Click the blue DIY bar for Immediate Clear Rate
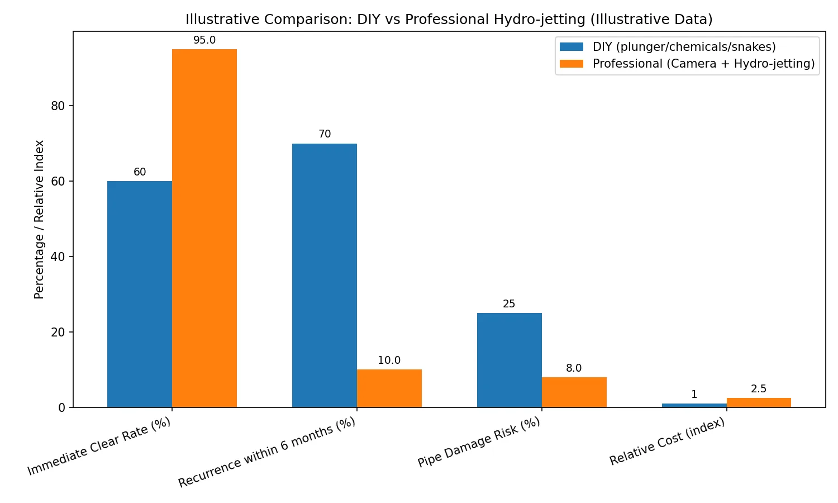[140, 294]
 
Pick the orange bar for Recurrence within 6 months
[389, 388]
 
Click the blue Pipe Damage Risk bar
[510, 360]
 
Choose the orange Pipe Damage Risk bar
[574, 392]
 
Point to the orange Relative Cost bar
[759, 402]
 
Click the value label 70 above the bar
[325, 134]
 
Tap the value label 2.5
[759, 389]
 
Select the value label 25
[509, 304]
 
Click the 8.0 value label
[574, 368]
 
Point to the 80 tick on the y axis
[58, 106]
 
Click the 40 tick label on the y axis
[58, 257]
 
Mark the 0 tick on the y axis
[61, 407]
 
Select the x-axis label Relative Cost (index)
[668, 442]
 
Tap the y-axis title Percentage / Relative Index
[39, 219]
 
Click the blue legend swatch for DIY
[572, 47]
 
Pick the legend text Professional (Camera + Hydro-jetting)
[703, 64]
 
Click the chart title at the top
[449, 20]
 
